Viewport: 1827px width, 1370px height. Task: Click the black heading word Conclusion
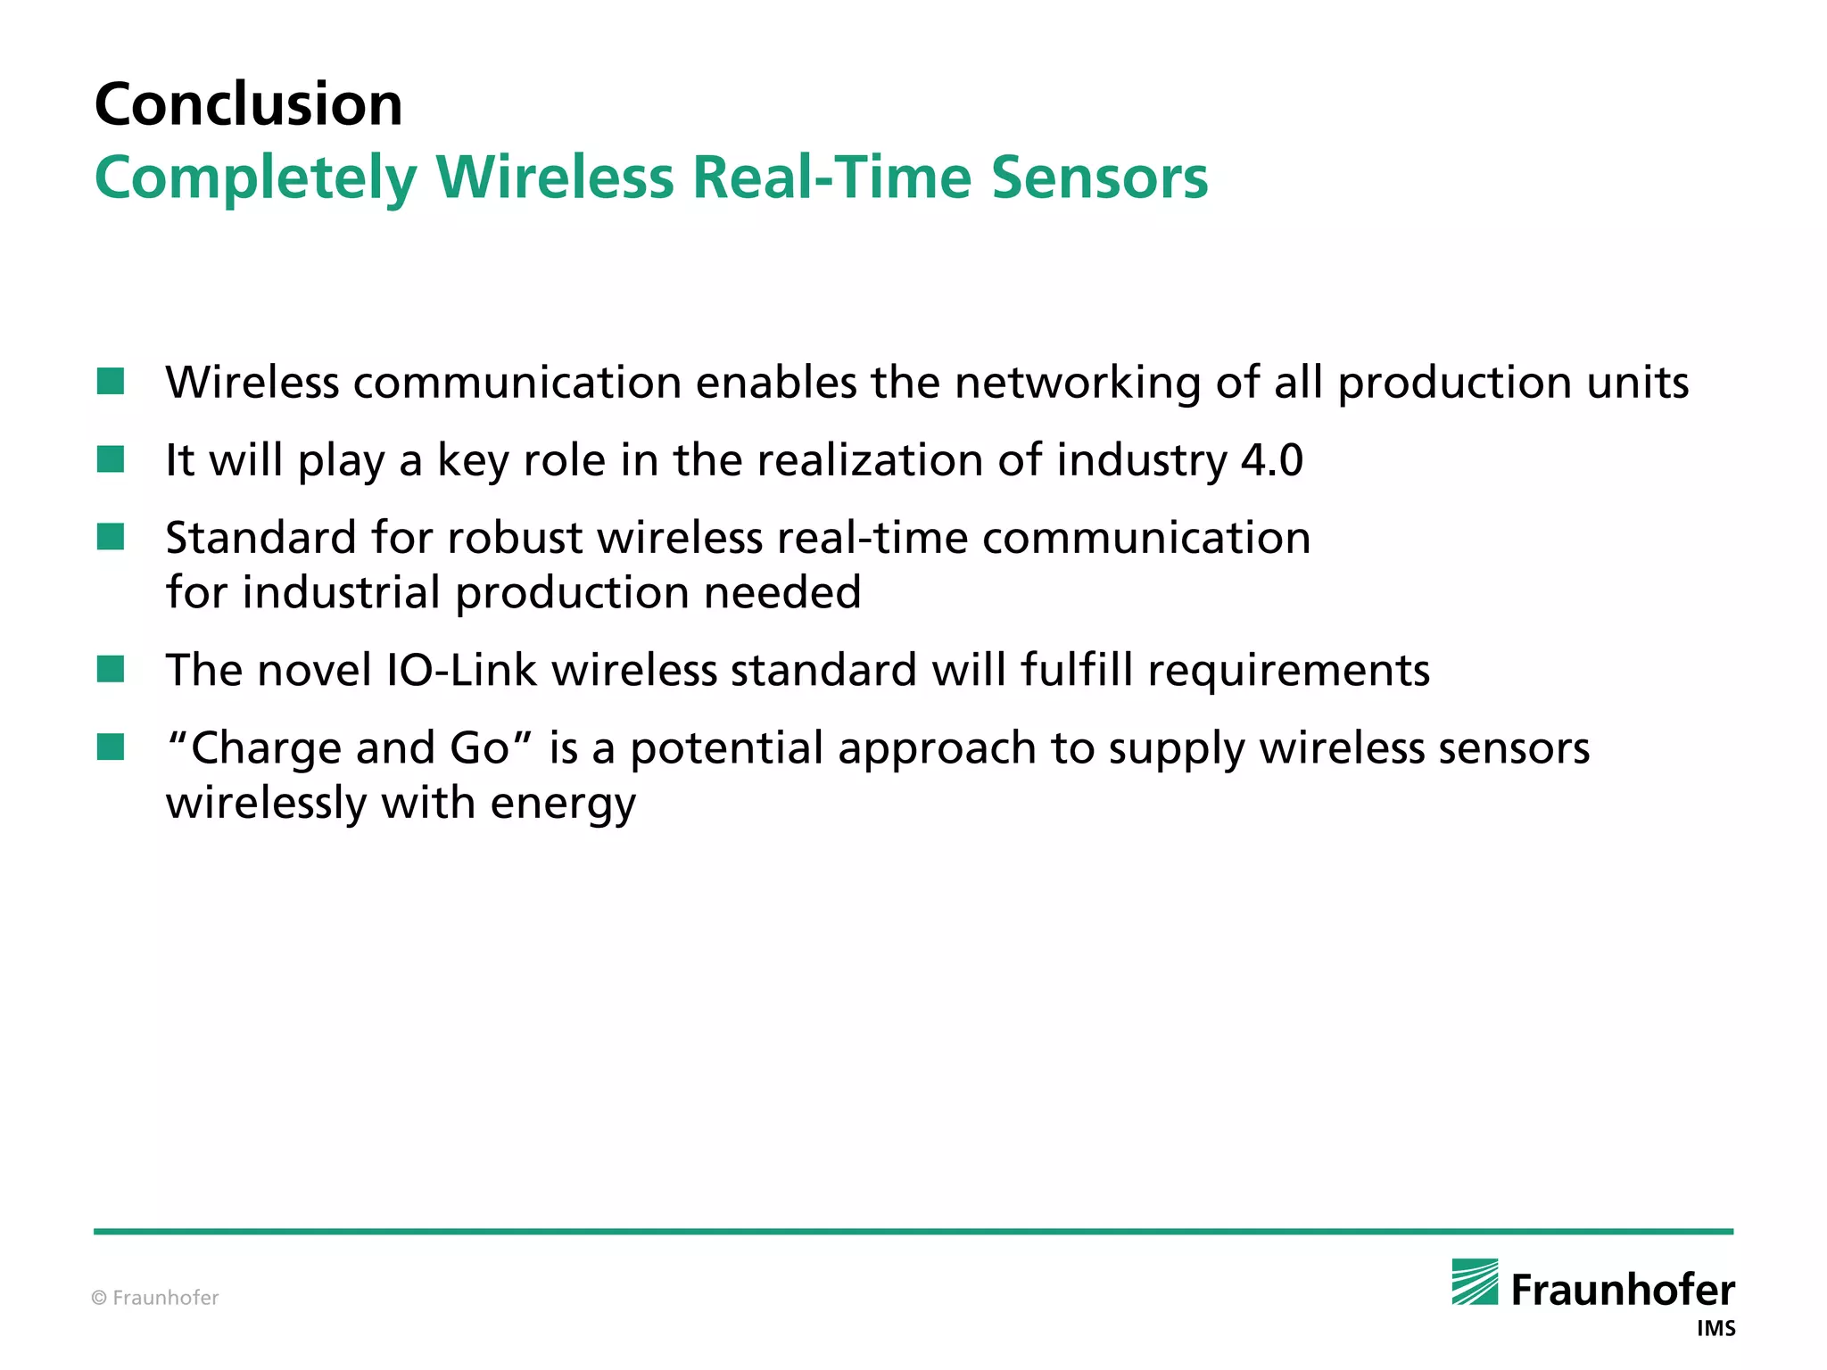248,104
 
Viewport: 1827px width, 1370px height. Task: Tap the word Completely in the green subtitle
256,177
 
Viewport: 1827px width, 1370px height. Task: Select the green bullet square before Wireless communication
111,382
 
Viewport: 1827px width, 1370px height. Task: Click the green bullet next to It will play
111,459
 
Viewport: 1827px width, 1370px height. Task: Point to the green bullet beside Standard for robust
111,537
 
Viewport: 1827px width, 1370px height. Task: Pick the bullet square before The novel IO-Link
111,669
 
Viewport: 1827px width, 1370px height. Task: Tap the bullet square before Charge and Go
111,747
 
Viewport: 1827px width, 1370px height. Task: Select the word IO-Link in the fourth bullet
461,670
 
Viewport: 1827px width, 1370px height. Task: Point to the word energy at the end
563,804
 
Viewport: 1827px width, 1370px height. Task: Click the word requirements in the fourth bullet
1288,671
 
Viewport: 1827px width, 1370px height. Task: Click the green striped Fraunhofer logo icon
1475,1282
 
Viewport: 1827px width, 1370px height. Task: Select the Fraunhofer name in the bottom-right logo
1623,1291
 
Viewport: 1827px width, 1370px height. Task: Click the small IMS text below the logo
1715,1329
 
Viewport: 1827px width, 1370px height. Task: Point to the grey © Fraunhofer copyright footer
155,1298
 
